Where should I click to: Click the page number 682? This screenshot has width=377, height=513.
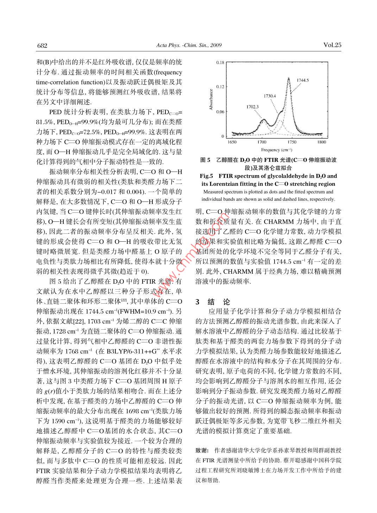pyautogui.click(x=42, y=45)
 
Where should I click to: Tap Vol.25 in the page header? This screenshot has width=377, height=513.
pyautogui.click(x=332, y=45)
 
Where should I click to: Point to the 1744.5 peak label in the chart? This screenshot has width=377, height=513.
pyautogui.click(x=302, y=80)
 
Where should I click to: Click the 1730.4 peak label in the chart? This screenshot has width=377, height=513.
pyautogui.click(x=270, y=96)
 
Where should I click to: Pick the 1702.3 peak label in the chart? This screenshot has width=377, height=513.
pyautogui.click(x=252, y=106)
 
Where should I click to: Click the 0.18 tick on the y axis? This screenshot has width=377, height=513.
pyautogui.click(x=220, y=63)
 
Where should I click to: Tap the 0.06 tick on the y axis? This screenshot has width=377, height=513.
pyautogui.click(x=220, y=112)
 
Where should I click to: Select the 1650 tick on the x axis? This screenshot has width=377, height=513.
pyautogui.click(x=232, y=142)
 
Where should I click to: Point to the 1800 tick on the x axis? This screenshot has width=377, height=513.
pyautogui.click(x=321, y=142)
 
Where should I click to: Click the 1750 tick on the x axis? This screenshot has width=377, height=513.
pyautogui.click(x=292, y=142)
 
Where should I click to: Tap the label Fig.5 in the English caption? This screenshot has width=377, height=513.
pyautogui.click(x=206, y=176)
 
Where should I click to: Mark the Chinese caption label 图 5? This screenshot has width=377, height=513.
pyautogui.click(x=205, y=160)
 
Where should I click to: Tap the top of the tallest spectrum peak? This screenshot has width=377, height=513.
pyautogui.click(x=289, y=78)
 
